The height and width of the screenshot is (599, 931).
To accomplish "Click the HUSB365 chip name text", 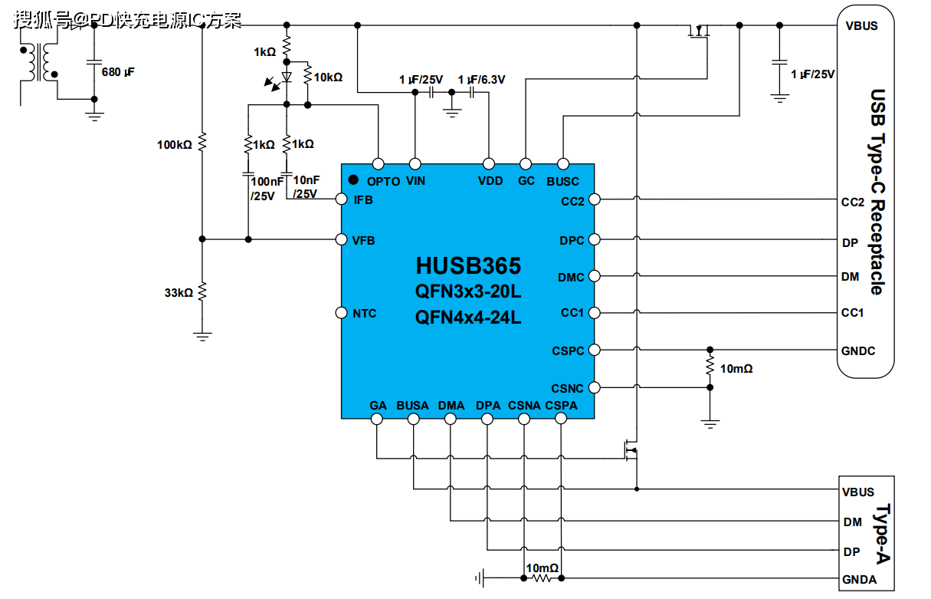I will [468, 266].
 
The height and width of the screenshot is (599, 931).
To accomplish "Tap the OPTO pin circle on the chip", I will [377, 163].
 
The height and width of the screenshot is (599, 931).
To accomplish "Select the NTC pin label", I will [364, 314].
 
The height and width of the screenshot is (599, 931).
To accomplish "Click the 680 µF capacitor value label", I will [123, 73].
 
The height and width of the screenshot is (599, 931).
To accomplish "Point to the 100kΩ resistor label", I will [174, 144].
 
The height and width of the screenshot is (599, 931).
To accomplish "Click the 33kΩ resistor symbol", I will [202, 291].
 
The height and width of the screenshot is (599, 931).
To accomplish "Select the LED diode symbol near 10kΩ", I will [287, 77].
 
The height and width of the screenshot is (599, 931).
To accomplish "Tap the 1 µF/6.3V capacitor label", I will [481, 80].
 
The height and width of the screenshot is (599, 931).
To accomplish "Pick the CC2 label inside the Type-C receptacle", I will [852, 202].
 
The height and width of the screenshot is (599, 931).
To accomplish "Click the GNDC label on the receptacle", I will [858, 351].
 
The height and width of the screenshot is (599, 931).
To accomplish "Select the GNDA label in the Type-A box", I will [859, 580].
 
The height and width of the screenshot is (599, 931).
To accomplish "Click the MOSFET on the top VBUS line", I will [698, 32].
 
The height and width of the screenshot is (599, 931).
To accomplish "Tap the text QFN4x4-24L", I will [468, 317].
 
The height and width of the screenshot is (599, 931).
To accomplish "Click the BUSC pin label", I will [562, 182].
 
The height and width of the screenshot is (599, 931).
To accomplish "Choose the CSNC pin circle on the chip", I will [595, 388].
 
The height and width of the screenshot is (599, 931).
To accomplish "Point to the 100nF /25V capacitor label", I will [266, 188].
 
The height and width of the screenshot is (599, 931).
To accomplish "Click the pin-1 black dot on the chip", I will [353, 179].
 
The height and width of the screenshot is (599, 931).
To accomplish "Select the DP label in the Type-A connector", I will [851, 552].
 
